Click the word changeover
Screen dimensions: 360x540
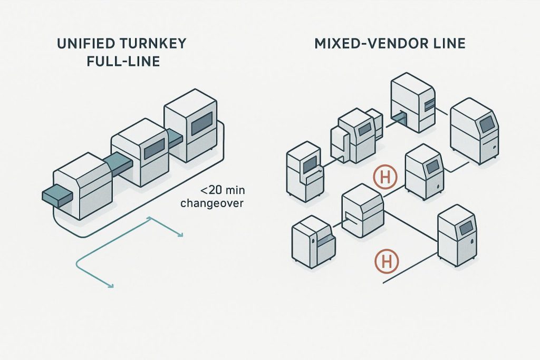point(212,203)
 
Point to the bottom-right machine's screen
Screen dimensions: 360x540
point(466,227)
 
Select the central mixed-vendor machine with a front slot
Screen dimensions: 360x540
point(362,212)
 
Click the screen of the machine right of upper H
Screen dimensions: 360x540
point(432,167)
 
